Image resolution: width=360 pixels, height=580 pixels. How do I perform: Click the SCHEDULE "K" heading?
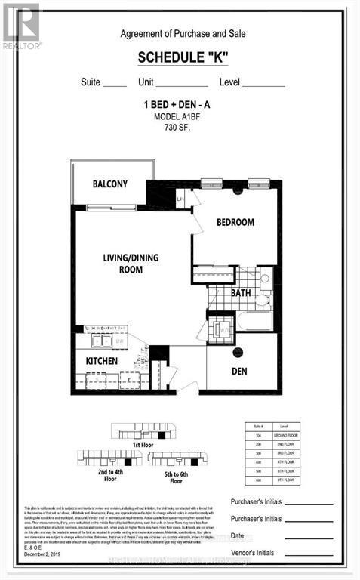[188, 58]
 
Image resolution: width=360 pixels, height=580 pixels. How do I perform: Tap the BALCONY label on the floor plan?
[110, 184]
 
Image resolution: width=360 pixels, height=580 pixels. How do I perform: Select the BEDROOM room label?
[235, 222]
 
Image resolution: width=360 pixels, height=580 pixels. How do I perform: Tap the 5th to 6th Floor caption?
[176, 477]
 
